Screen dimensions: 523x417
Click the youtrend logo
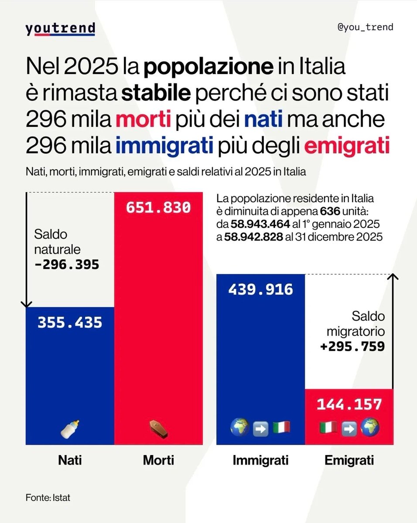(x=60, y=29)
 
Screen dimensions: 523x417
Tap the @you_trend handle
(x=366, y=27)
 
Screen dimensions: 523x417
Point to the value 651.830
(x=158, y=208)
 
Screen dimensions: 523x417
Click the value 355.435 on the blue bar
(x=70, y=323)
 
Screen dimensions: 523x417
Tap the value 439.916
(x=260, y=289)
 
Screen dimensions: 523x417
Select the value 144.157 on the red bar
(x=349, y=404)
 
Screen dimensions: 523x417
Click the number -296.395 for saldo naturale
(x=66, y=265)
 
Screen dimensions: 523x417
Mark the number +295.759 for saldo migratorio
(x=352, y=346)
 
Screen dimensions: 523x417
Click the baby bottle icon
(x=70, y=429)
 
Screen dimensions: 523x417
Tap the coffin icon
(x=157, y=429)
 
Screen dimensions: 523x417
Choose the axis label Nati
(x=70, y=460)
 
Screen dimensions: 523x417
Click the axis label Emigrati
(x=349, y=460)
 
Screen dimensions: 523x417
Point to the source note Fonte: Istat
(x=48, y=497)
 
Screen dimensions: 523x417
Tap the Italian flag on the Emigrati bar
(x=328, y=428)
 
